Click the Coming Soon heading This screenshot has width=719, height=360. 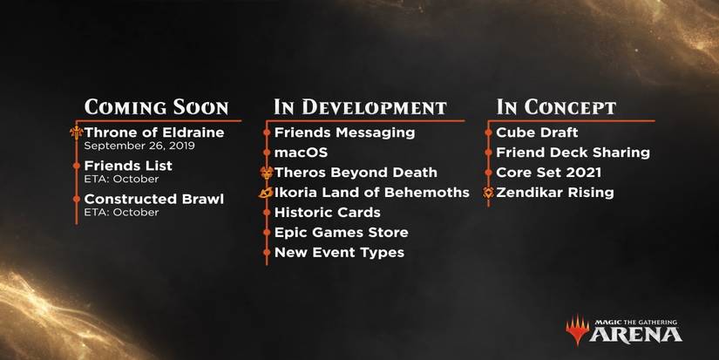point(156,107)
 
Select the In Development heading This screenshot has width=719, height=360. point(360,107)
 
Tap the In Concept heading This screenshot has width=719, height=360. point(556,107)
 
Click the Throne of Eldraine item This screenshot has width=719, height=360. point(154,132)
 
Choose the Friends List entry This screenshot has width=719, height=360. point(128,166)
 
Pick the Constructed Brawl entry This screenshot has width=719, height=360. point(154,199)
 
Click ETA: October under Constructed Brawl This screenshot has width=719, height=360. point(121,212)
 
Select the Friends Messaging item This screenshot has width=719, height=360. point(344,132)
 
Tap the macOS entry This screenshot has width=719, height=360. point(300,153)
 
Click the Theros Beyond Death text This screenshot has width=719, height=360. point(356,173)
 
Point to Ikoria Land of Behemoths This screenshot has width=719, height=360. point(371,193)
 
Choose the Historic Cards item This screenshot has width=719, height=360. point(327,213)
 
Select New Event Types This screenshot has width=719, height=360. point(339,253)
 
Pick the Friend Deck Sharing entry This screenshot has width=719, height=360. point(573,153)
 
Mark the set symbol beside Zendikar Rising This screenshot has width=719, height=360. point(489,193)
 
